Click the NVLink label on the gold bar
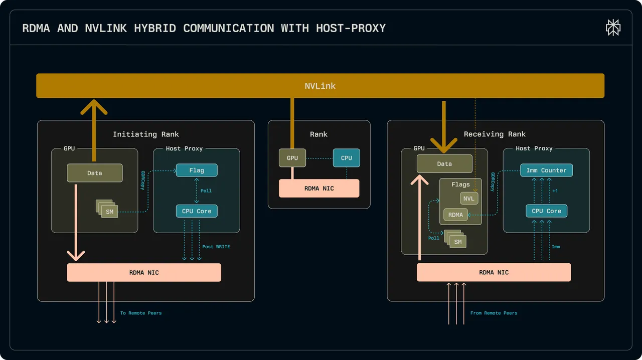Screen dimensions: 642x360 point(320,86)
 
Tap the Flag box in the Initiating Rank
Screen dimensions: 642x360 point(197,170)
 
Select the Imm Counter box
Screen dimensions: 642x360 point(546,170)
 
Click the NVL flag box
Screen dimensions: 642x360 point(469,199)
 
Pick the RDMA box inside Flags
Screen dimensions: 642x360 point(455,215)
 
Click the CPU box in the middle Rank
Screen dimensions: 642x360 point(346,158)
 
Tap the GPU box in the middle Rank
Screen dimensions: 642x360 point(292,158)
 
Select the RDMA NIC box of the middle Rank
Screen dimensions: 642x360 point(319,189)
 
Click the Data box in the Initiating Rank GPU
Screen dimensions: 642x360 point(95,173)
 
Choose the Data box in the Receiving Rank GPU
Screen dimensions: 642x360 point(444,163)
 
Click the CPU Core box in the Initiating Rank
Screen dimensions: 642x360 point(197,211)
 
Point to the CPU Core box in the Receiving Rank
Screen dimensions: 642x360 point(546,211)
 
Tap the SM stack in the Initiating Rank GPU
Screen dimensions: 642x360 point(107,209)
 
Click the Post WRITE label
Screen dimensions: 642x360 point(216,247)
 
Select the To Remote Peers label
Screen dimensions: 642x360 point(141,313)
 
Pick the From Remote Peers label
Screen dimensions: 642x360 point(494,313)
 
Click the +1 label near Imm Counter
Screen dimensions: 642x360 point(555,191)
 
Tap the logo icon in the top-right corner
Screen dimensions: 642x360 point(613,28)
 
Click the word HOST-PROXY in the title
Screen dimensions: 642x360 point(351,28)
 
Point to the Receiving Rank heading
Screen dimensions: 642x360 point(495,134)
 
